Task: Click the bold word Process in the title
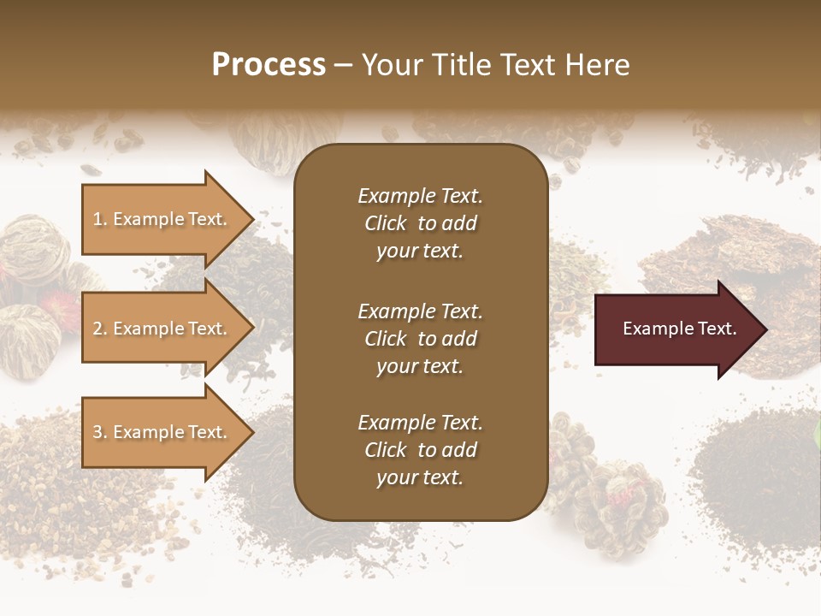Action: (x=269, y=64)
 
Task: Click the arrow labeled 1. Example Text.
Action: (x=162, y=219)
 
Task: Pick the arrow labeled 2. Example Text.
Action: (x=162, y=329)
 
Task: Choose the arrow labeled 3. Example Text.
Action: (x=162, y=432)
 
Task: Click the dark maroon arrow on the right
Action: (x=676, y=329)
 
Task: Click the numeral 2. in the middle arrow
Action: (x=100, y=329)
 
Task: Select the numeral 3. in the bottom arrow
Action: (x=100, y=432)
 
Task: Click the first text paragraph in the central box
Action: (x=420, y=223)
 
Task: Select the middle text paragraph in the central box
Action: (x=420, y=339)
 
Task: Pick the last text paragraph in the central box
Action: (x=420, y=450)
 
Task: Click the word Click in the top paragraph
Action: (x=386, y=223)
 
